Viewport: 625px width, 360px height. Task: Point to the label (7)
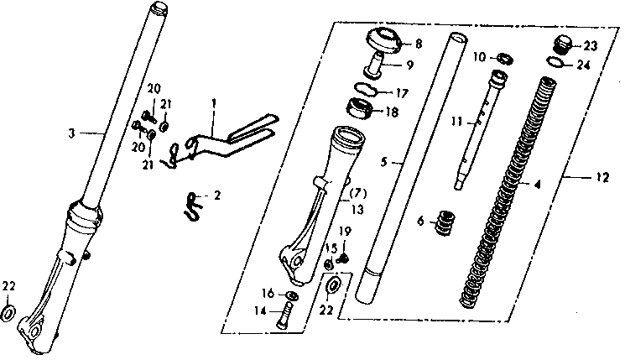coord(357,193)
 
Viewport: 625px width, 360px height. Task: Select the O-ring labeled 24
coord(557,61)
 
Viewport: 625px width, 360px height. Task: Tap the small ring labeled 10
coord(506,58)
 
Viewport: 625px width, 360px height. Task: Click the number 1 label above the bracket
coord(214,102)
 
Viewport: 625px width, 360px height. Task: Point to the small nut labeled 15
coord(328,264)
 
